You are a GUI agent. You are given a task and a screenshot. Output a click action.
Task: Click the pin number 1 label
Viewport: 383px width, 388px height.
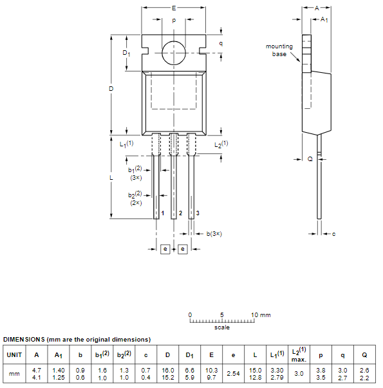(x=163, y=213)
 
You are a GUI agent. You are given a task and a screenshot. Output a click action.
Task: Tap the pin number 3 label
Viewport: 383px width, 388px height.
(x=198, y=213)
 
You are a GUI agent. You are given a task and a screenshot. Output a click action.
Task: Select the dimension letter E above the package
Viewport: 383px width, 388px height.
(x=174, y=8)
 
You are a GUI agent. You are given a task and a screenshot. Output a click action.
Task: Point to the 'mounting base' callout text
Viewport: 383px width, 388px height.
(x=279, y=50)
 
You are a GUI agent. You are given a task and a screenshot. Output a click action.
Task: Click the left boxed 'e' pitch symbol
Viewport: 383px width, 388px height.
(x=165, y=248)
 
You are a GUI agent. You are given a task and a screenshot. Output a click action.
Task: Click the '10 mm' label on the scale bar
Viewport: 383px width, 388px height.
(x=261, y=315)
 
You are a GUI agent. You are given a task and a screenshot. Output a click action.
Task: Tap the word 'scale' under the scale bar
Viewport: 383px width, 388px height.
(x=222, y=327)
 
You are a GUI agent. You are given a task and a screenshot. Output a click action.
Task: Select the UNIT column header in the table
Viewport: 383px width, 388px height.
(x=14, y=354)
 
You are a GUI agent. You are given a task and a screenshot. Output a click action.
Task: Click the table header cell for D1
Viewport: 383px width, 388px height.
(x=190, y=354)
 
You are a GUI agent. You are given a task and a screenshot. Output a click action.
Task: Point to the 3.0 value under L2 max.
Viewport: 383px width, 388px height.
(x=298, y=373)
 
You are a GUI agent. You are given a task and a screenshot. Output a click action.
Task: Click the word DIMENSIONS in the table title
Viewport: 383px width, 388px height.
(x=24, y=339)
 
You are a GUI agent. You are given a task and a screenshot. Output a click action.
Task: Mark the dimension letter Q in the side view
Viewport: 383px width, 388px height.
(x=310, y=158)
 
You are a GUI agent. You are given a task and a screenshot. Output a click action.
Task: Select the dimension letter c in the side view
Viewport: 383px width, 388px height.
(x=333, y=233)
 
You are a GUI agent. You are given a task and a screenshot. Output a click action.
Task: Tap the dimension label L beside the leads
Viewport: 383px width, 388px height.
(x=111, y=177)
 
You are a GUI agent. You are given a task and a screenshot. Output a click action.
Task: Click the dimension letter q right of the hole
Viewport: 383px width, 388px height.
(x=221, y=43)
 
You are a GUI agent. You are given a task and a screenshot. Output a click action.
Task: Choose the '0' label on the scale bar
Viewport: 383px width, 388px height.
(x=190, y=315)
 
